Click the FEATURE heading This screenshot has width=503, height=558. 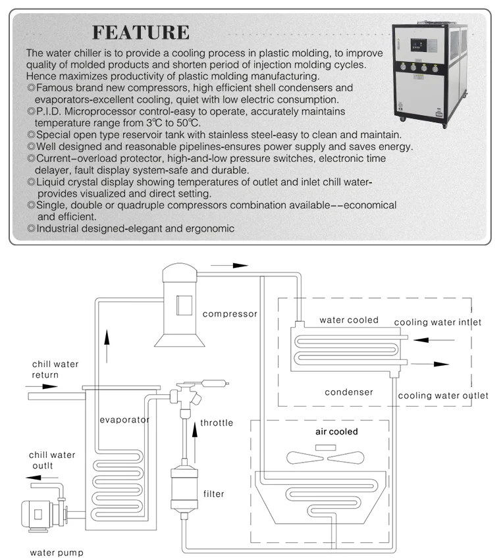(x=140, y=32)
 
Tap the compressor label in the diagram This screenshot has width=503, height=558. (x=230, y=314)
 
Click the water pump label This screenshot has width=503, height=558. (x=57, y=553)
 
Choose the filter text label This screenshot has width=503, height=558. (x=214, y=494)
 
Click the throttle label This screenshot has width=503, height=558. (x=217, y=422)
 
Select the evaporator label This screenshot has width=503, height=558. (x=124, y=419)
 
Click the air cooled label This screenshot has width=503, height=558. (x=336, y=432)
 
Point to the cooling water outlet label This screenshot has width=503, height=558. (x=443, y=395)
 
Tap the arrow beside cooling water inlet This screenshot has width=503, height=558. (x=436, y=340)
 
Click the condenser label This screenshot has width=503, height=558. (x=349, y=392)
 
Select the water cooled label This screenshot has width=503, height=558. (x=349, y=320)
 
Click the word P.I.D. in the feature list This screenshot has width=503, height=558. (x=52, y=112)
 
